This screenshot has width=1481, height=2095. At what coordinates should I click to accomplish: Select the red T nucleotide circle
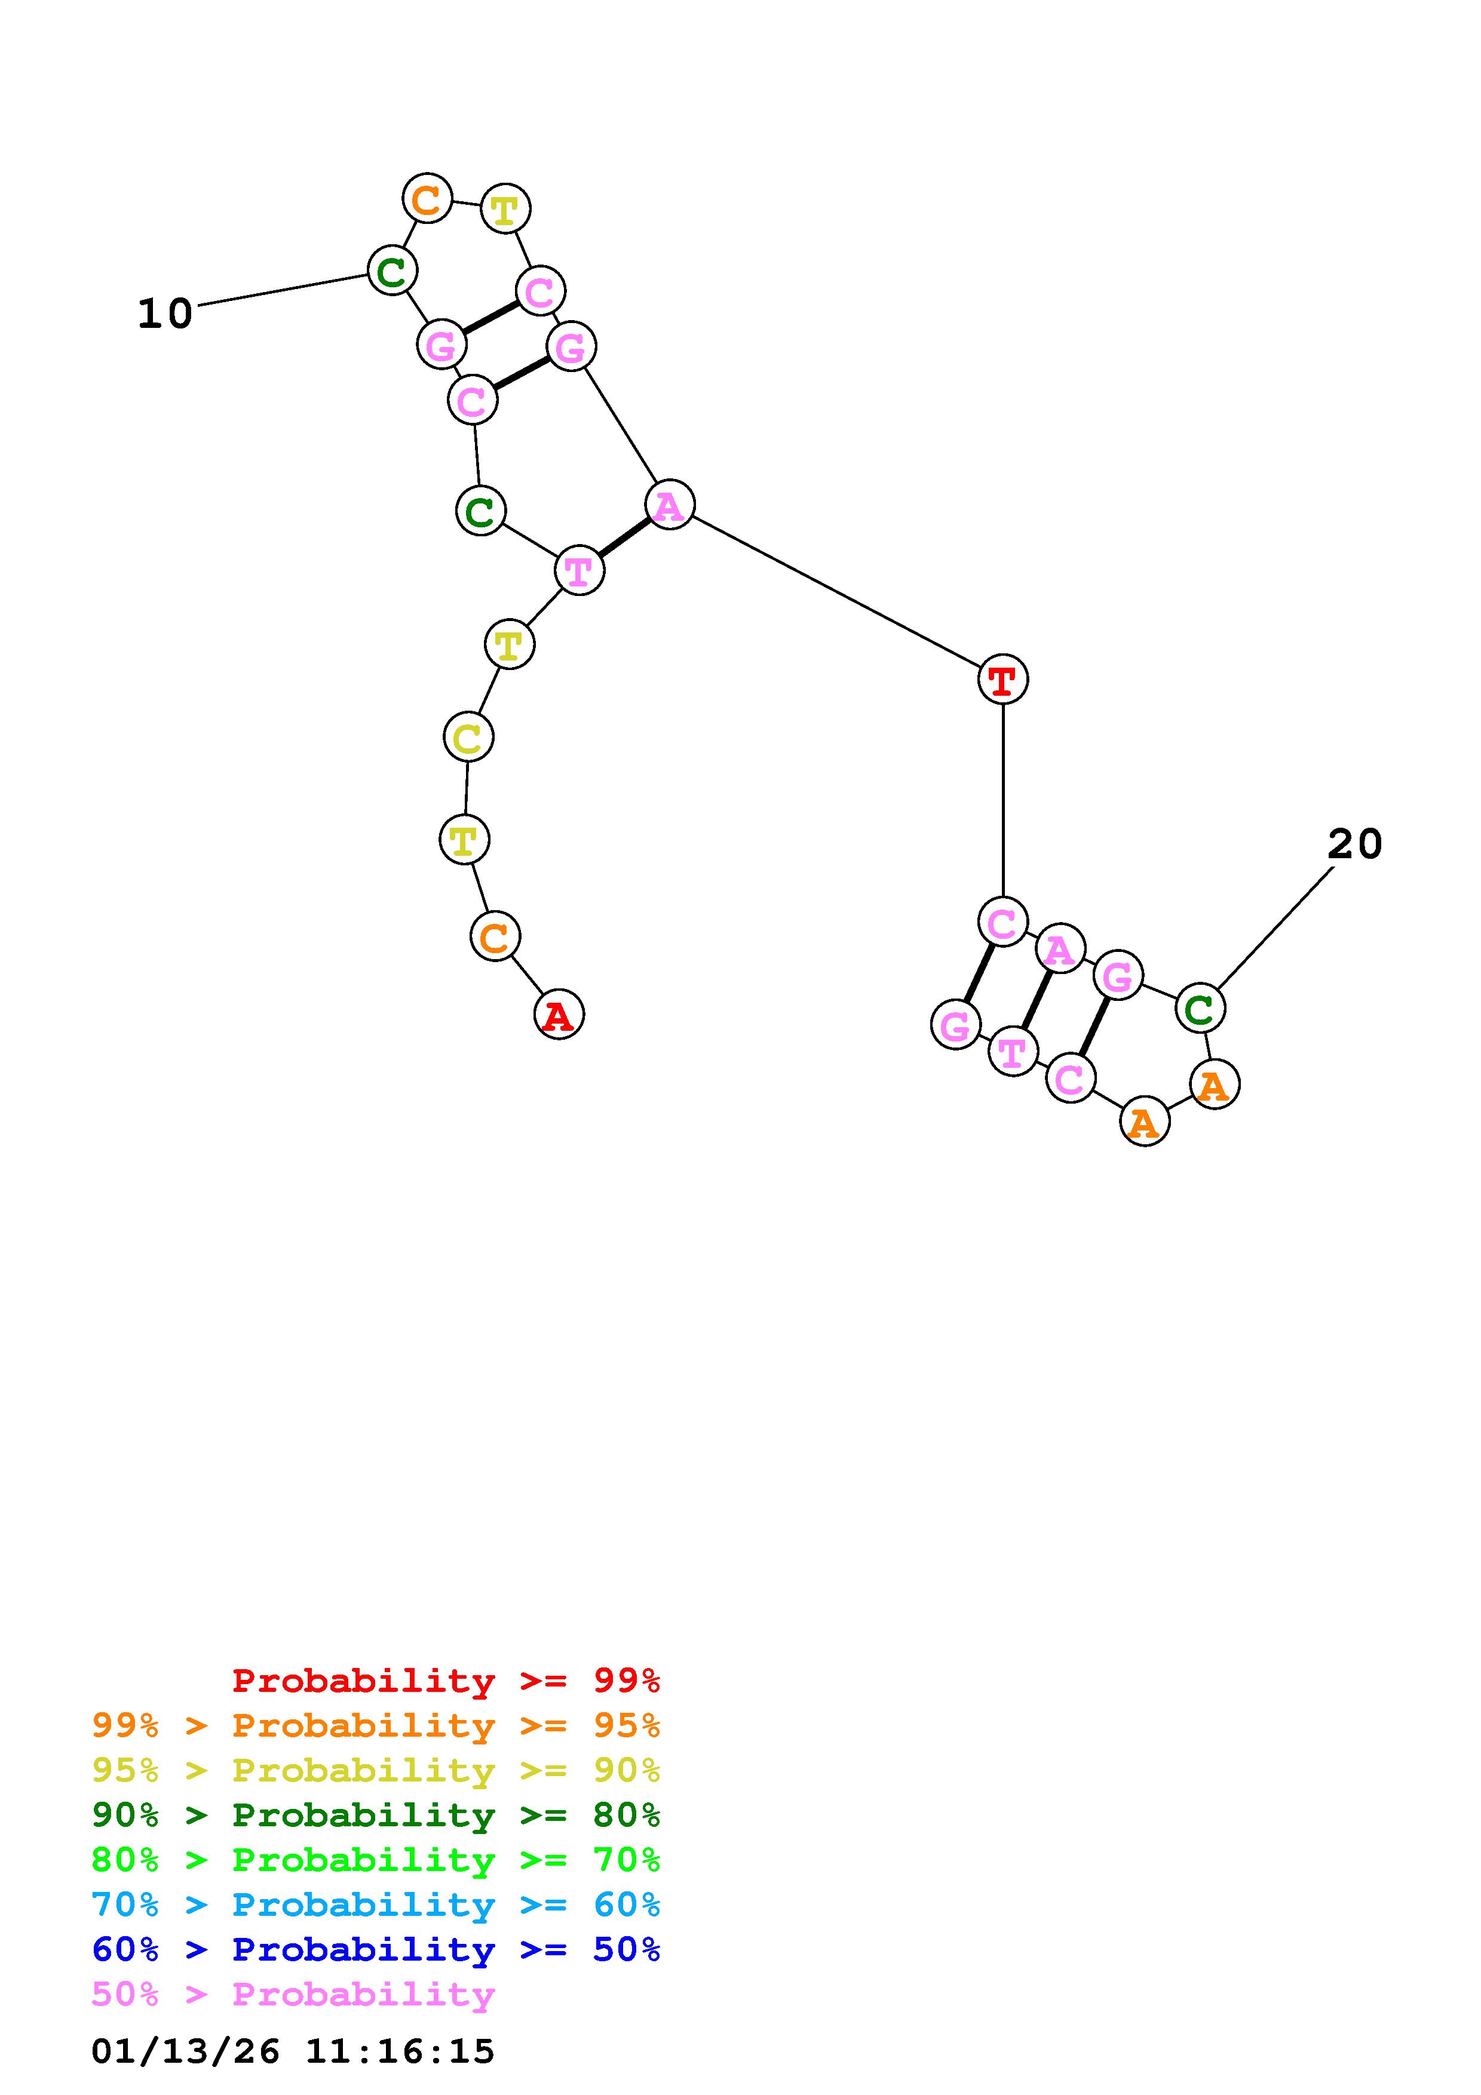1002,679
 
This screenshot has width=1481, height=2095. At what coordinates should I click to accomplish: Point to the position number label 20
1354,844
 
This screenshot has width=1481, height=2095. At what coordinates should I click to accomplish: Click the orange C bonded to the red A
495,936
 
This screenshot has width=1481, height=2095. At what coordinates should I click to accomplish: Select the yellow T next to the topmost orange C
505,209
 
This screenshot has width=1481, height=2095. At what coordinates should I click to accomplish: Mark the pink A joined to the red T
670,505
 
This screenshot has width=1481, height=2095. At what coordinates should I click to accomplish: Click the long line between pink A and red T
836,591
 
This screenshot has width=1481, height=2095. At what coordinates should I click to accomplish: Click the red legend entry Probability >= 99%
446,1681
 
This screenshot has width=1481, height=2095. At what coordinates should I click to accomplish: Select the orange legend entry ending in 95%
376,1725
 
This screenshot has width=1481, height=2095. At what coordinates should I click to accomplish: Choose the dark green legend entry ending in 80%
376,1815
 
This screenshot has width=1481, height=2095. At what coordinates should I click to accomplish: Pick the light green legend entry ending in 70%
376,1860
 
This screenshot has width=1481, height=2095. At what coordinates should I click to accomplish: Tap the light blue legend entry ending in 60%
376,1904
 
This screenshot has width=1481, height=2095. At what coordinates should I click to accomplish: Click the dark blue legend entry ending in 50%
376,1949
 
